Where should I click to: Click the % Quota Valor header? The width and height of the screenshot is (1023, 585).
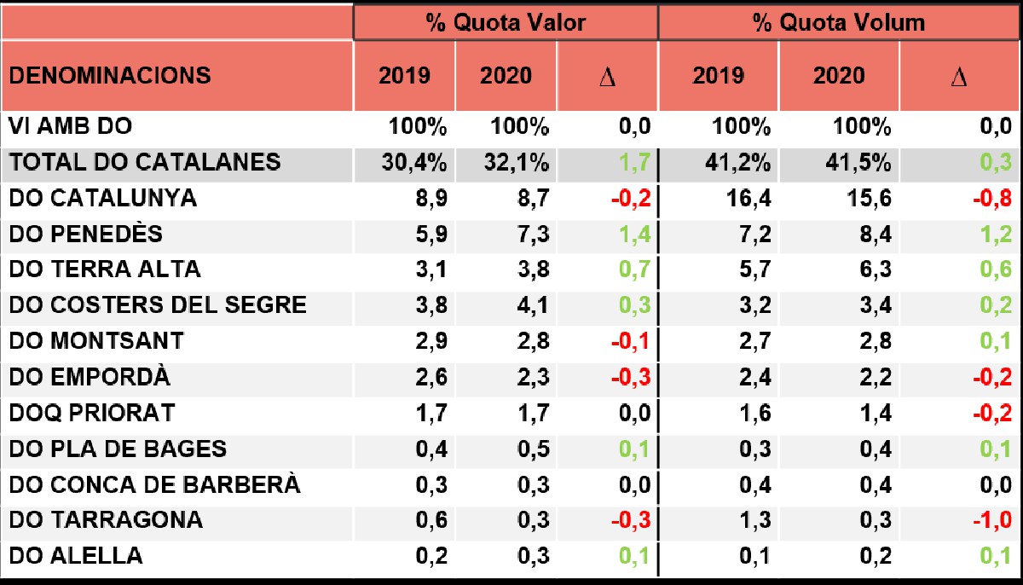[506, 22]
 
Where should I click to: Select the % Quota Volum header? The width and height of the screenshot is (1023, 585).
[839, 22]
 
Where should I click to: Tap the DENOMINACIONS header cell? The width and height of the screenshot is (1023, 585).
[110, 75]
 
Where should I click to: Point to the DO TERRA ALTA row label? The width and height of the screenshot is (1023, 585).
[105, 269]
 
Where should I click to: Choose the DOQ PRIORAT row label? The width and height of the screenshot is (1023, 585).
[92, 414]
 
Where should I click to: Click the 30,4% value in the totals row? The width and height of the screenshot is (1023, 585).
[417, 163]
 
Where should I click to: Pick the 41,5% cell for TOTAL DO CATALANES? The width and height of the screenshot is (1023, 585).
[858, 163]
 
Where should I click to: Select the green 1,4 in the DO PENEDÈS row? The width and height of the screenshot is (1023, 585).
[635, 235]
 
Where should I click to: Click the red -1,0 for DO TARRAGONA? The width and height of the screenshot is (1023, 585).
[991, 520]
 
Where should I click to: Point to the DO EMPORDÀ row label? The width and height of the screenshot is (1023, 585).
[90, 377]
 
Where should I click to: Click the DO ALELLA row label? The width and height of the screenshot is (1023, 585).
[76, 557]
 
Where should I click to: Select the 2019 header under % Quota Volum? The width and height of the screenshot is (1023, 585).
[718, 76]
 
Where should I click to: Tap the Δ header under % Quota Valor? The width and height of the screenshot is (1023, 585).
[607, 77]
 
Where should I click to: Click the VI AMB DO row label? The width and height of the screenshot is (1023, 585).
[71, 127]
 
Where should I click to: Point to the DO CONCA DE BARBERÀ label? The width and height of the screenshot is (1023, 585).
[154, 484]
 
